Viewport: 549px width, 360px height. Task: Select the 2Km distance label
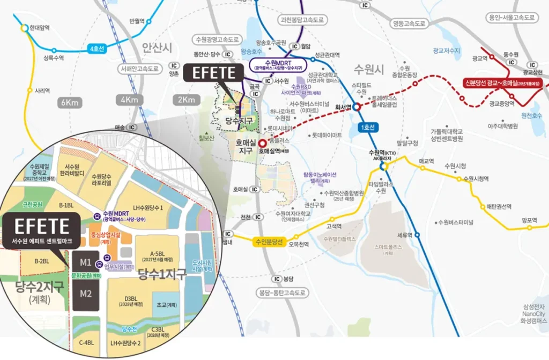pos(186,100)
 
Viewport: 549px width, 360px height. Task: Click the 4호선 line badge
pos(97,49)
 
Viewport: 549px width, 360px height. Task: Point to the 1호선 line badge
pos(370,127)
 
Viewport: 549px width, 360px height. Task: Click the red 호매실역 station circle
pos(262,143)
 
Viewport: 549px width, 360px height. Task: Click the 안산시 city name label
pos(157,48)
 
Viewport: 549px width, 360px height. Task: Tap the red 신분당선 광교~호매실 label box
pos(501,83)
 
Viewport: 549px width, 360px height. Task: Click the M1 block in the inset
pos(85,263)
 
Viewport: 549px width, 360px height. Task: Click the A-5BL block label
pos(157,254)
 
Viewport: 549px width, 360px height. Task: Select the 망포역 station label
pos(530,219)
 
